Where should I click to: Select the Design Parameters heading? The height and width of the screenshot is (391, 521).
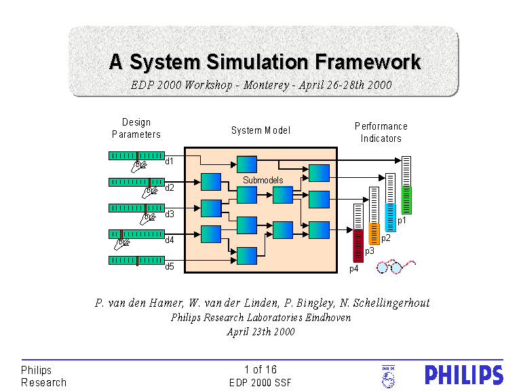click(136, 128)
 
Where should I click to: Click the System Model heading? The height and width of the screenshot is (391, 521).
click(260, 130)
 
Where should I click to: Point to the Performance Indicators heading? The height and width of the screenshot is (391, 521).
click(381, 132)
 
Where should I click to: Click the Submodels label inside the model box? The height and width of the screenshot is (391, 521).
click(263, 180)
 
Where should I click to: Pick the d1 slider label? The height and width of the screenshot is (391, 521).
click(170, 162)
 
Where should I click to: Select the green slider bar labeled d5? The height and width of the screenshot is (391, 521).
click(136, 261)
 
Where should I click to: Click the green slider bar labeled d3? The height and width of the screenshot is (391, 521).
click(136, 208)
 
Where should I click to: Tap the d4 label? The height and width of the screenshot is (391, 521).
click(170, 240)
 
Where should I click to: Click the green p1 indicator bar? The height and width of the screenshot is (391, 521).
click(406, 200)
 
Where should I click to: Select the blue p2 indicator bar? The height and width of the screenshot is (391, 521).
click(390, 217)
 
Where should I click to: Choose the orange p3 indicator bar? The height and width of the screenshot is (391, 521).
click(374, 234)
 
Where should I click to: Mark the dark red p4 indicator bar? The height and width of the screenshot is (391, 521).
click(358, 245)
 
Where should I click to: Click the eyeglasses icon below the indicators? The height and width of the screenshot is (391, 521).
click(394, 267)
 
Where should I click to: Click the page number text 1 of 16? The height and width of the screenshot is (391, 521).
click(260, 370)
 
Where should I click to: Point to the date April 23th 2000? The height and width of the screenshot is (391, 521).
click(260, 332)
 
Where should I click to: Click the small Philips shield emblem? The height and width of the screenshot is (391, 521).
click(389, 375)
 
